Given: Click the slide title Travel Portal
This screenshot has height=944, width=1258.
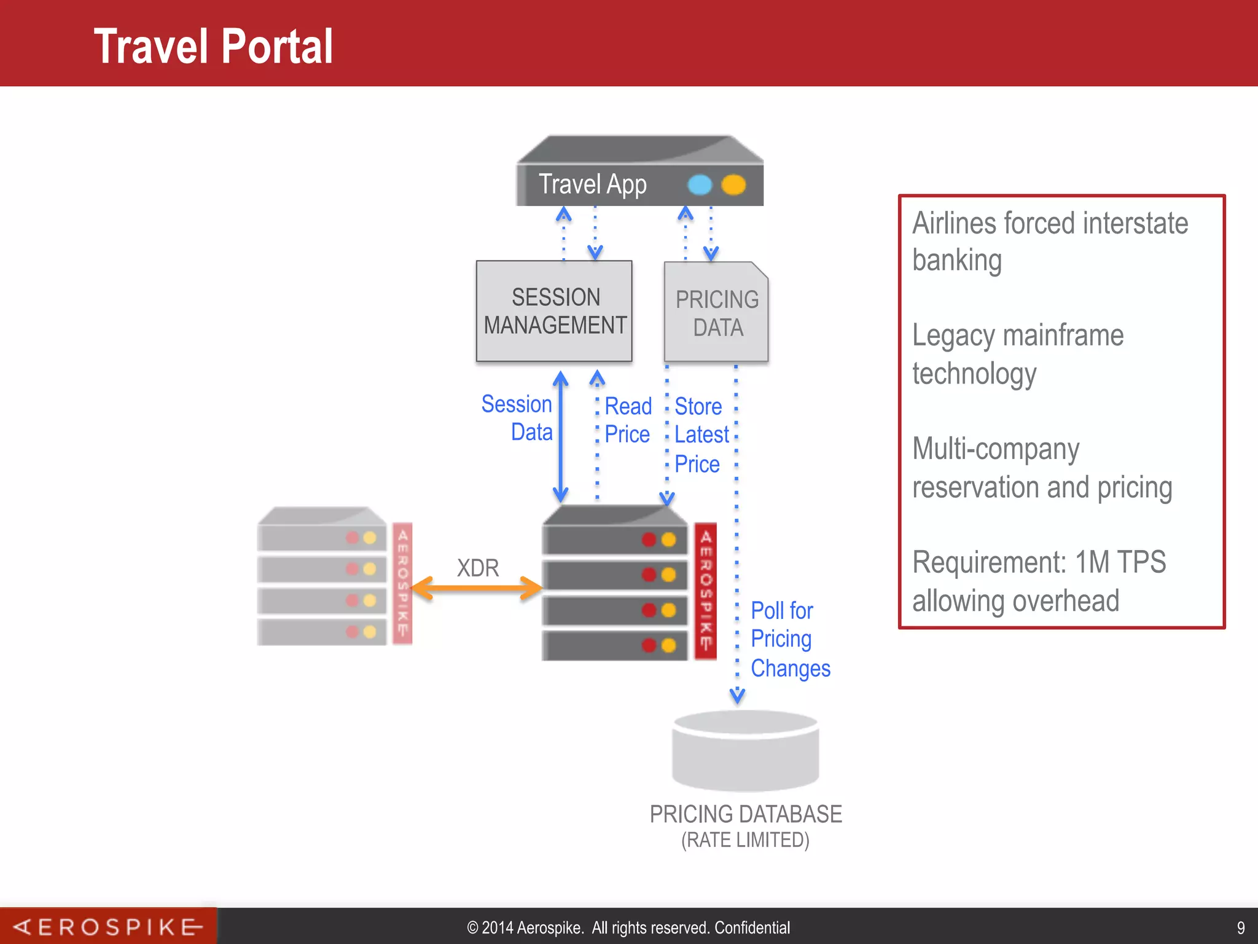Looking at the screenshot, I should [213, 47].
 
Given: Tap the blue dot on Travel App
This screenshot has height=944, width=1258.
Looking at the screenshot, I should [700, 184].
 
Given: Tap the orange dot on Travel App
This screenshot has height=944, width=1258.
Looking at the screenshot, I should [733, 184].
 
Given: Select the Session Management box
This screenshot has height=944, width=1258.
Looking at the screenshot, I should [554, 311].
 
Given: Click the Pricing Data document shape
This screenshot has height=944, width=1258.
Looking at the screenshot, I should [716, 312].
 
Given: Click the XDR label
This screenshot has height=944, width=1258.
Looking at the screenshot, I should [478, 568].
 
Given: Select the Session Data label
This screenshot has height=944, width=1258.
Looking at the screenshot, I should [517, 418].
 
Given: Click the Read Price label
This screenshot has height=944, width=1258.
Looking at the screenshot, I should [628, 420].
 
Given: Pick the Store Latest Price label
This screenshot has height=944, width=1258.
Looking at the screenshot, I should [701, 435].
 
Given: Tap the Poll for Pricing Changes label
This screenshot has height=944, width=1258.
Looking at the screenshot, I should [790, 639].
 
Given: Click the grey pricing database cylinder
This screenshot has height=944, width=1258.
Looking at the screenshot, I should [746, 751].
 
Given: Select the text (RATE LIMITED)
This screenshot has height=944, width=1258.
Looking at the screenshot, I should [745, 840].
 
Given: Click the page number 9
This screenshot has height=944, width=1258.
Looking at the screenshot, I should [1240, 927].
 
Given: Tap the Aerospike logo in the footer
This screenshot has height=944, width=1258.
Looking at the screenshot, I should [108, 927].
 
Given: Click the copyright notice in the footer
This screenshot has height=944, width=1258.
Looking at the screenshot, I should [628, 927].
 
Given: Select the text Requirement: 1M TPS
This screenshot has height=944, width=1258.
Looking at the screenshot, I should [1039, 562].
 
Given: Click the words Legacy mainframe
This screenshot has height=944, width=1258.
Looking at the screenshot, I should [1018, 336].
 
